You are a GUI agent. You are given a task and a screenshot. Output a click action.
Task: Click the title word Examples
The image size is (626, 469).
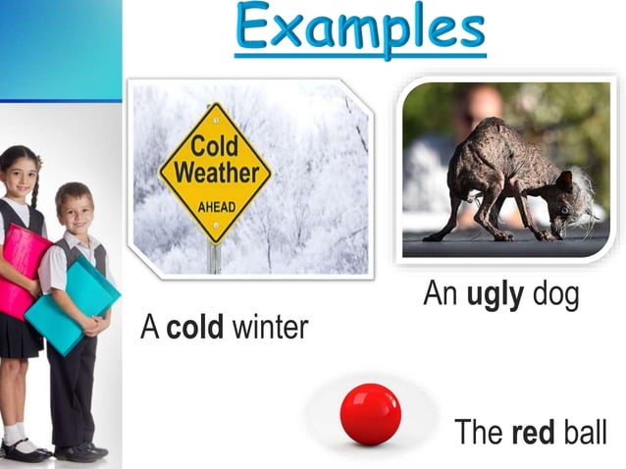coord(360,29)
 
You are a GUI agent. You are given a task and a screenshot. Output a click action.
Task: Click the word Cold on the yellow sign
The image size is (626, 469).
coord(215,147)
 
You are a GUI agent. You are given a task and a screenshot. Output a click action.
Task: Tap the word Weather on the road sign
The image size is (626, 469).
coord(216,174)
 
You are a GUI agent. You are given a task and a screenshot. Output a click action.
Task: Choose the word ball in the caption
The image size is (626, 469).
coord(585,432)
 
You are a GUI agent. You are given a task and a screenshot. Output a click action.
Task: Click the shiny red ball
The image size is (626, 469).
coord(370,414)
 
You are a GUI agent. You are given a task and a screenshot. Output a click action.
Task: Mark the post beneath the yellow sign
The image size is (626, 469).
coord(214,258)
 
